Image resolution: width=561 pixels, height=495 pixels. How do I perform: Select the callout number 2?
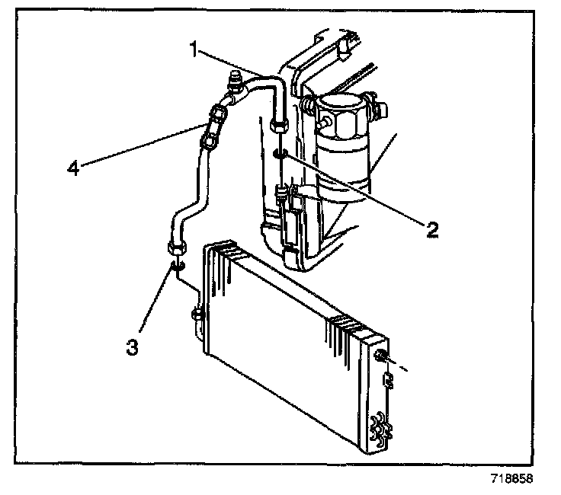click(431, 228)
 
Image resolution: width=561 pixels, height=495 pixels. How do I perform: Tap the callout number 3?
click(133, 347)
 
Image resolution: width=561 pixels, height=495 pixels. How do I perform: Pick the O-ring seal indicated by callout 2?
click(280, 158)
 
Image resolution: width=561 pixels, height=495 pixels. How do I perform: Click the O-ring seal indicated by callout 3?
click(178, 266)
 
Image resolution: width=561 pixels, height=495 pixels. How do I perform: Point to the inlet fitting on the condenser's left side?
click(199, 312)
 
